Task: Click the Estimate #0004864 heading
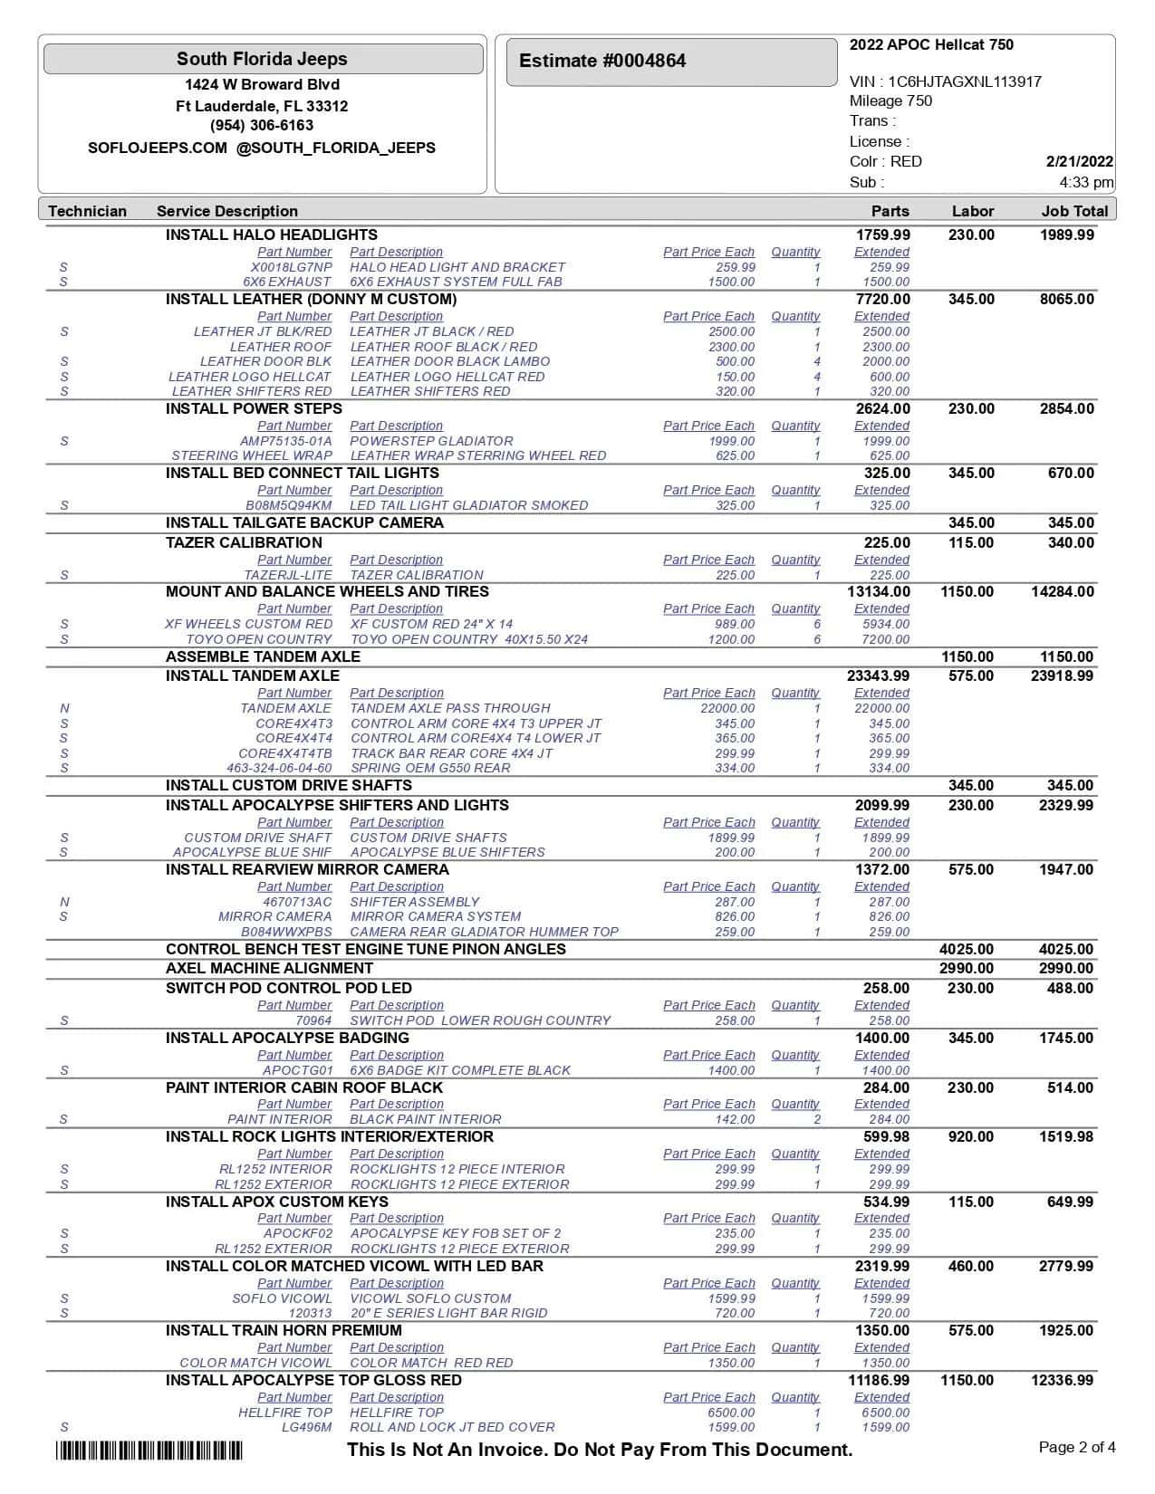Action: (x=602, y=61)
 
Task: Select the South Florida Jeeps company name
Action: (x=262, y=59)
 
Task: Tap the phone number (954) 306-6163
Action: (x=262, y=126)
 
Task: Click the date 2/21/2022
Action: (x=1079, y=161)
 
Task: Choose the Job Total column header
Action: (x=1074, y=211)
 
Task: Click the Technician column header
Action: (x=87, y=211)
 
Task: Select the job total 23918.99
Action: (x=1062, y=675)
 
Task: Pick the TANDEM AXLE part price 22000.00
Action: (x=727, y=708)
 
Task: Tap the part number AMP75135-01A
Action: (x=286, y=441)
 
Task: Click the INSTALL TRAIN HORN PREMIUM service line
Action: (x=284, y=1330)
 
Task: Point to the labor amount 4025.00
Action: (x=966, y=949)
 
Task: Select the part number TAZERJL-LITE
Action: (x=288, y=575)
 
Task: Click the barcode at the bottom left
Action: (x=149, y=1451)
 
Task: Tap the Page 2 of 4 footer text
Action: (x=1077, y=1447)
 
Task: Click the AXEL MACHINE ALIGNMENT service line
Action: (x=269, y=968)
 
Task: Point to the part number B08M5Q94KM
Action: (x=289, y=505)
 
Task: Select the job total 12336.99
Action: (x=1062, y=1380)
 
